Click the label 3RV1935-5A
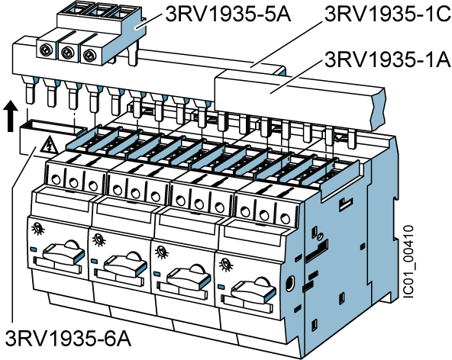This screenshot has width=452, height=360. (x=228, y=14)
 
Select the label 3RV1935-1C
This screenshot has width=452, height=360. (x=388, y=14)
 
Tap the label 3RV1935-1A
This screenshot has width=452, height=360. (x=388, y=60)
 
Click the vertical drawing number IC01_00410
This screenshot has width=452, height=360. (x=408, y=262)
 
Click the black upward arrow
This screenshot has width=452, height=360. (x=11, y=116)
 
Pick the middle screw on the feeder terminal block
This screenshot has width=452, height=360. (x=67, y=53)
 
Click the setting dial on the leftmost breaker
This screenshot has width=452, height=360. (x=37, y=228)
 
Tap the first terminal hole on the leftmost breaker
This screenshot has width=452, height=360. (x=55, y=180)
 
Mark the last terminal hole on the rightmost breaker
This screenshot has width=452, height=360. (x=285, y=219)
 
